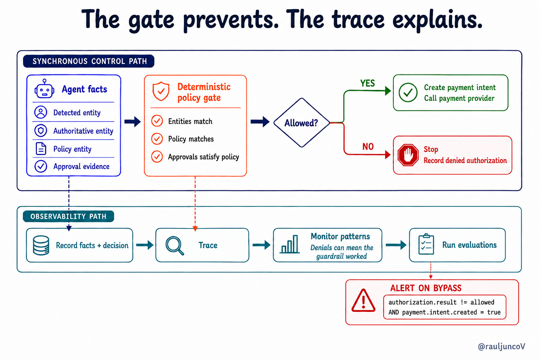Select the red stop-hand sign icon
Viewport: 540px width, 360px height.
pos(408,155)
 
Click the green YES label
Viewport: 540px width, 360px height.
pos(367,83)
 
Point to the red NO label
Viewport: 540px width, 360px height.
pos(368,146)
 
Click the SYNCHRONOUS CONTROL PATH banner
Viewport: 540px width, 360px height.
pos(89,61)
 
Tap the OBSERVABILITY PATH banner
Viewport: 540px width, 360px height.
pos(69,216)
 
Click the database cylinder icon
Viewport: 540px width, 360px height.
pos(41,245)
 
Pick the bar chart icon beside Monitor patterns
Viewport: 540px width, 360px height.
pos(290,244)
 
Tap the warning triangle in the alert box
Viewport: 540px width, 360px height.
pos(363,301)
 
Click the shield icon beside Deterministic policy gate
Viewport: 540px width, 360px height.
pos(161,91)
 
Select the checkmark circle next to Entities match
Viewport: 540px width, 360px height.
pos(157,121)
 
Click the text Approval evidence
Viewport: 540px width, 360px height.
pos(82,166)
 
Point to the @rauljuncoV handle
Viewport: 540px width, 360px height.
pos(501,347)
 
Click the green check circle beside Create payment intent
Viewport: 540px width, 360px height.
pos(408,92)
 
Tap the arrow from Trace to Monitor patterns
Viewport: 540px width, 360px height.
pos(262,245)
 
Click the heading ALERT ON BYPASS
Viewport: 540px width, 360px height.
pos(426,288)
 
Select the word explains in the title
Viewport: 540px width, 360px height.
pos(438,20)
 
